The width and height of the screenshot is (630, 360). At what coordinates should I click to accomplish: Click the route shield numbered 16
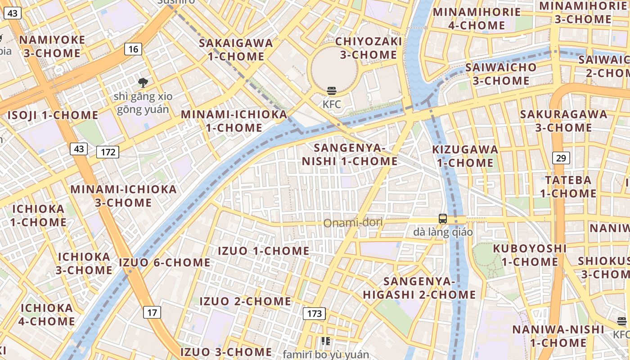point(133,49)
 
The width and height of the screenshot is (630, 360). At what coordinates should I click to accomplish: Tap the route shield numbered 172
point(108,152)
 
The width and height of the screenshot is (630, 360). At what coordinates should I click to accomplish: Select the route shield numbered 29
point(561,158)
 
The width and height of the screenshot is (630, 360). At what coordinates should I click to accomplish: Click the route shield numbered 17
point(153,312)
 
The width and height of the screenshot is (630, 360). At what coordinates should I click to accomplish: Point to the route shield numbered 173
point(314,313)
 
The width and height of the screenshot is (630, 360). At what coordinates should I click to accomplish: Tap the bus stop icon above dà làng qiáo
point(443,219)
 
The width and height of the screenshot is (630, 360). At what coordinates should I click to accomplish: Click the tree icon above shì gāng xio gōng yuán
point(143,82)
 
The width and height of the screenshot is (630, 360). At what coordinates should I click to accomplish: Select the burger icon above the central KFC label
point(332,91)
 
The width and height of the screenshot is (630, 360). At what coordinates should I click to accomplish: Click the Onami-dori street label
point(353,222)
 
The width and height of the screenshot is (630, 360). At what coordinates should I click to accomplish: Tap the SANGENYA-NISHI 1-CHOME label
point(350,154)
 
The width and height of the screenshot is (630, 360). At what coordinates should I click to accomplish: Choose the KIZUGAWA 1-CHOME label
point(465,156)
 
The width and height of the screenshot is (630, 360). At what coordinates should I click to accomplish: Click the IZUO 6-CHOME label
point(165,262)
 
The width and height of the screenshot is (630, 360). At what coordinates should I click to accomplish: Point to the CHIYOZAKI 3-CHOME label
point(369,48)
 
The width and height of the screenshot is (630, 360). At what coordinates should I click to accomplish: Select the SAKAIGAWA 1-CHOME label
point(236,49)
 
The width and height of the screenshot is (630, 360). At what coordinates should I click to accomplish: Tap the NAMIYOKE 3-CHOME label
point(52,46)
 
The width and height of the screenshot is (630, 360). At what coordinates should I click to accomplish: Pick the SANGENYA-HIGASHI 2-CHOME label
point(419,288)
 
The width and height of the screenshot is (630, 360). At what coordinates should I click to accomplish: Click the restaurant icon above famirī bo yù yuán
point(326,342)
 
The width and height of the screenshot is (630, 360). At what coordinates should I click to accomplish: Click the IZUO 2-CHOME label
point(245,301)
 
